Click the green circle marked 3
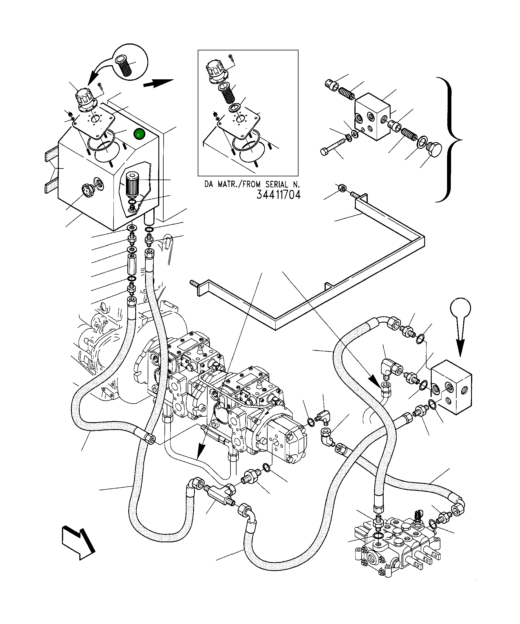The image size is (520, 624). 139,135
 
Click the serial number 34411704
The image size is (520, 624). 279,195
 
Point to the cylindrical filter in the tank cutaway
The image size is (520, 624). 131,185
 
